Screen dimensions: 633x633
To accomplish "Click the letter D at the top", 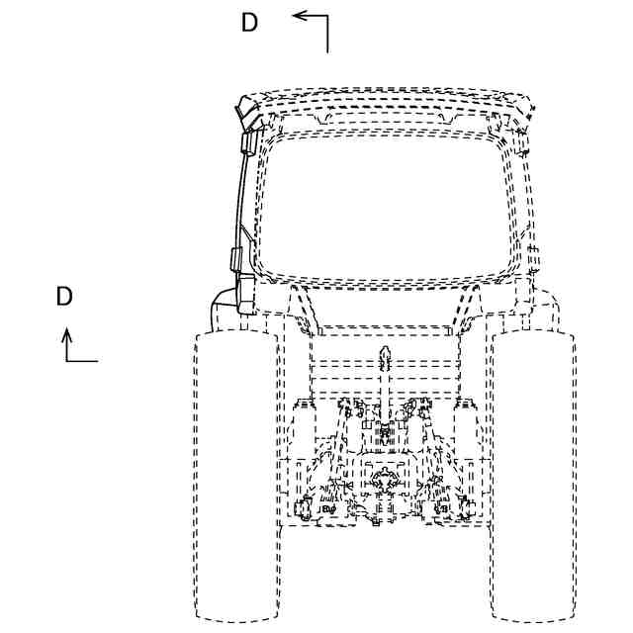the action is tap(249, 23).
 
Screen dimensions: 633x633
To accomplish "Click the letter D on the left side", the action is tap(64, 297).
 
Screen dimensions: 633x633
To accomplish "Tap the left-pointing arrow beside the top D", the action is tap(307, 16).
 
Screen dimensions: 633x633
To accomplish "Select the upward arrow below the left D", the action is tap(67, 341).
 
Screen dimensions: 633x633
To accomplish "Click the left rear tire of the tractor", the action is tap(236, 475).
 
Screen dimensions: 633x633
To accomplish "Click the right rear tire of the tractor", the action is tap(534, 475).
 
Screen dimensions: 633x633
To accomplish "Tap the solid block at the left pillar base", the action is tap(242, 297).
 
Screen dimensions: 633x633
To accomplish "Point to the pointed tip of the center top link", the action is tap(385, 353).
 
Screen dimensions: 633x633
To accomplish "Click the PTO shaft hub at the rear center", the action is tap(383, 485).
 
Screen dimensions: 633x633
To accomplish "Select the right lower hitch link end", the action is tap(467, 508).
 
